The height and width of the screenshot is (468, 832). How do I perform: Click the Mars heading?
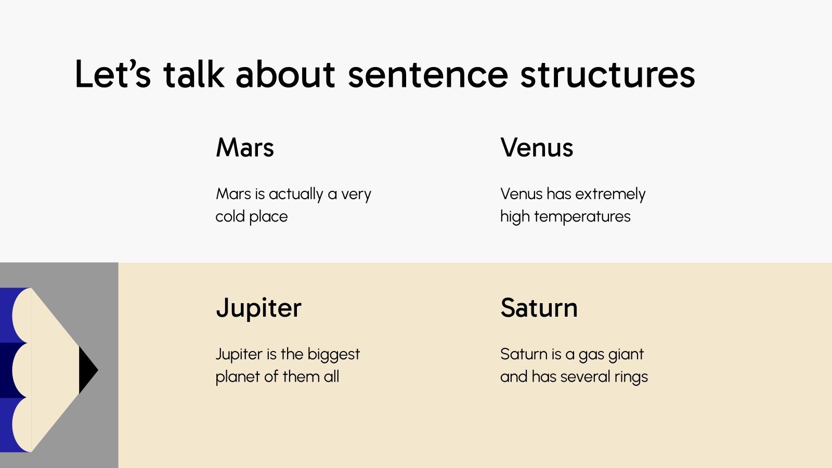click(x=244, y=148)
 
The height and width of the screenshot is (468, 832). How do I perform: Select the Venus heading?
click(x=537, y=148)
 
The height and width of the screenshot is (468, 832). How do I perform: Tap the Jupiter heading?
click(x=258, y=308)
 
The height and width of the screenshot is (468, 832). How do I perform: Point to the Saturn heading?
click(x=539, y=308)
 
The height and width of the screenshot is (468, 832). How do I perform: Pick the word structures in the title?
click(x=607, y=74)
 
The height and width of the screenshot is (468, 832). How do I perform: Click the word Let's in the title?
click(x=113, y=74)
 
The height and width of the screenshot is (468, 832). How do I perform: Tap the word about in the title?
click(x=285, y=74)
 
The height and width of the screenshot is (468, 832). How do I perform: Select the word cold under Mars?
click(x=230, y=216)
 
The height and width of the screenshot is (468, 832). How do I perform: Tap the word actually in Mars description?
click(x=296, y=194)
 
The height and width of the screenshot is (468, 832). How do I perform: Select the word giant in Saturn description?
click(x=627, y=355)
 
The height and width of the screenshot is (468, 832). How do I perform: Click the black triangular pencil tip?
click(x=86, y=370)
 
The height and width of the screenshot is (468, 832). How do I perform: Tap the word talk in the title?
click(x=193, y=74)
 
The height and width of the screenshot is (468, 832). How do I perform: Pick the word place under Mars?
click(x=268, y=216)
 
